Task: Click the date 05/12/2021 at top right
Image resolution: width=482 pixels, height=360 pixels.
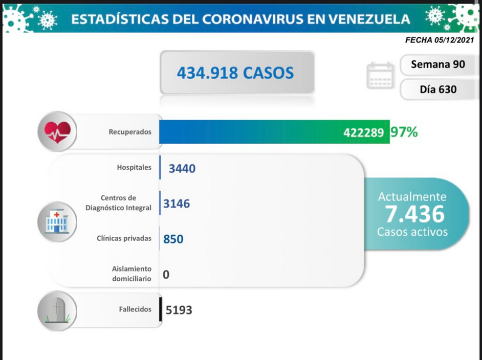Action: (x=455, y=40)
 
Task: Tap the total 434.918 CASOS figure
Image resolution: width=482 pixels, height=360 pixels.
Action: (x=235, y=73)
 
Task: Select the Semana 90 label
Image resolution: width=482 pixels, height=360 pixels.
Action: (x=437, y=64)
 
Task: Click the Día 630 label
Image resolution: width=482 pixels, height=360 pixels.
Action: (x=438, y=89)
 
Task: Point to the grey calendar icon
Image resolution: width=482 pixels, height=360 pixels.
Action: (x=380, y=75)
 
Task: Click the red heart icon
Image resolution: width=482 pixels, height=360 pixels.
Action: (x=57, y=132)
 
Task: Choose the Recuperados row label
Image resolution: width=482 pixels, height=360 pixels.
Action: (x=130, y=132)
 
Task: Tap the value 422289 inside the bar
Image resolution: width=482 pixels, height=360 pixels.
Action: (x=363, y=132)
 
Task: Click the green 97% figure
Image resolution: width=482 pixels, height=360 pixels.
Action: (x=404, y=132)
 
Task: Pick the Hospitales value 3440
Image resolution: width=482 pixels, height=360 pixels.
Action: (x=182, y=168)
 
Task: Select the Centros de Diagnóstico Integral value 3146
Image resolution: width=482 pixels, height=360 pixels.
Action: (x=177, y=204)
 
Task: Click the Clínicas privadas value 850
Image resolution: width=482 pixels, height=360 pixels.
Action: (x=173, y=239)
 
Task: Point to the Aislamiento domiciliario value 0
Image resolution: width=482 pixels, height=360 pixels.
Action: (x=166, y=274)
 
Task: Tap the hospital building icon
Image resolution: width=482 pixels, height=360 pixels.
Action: (x=57, y=222)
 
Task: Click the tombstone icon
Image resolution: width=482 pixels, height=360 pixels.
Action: (x=57, y=311)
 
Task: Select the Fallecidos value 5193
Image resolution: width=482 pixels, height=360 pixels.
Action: (x=179, y=310)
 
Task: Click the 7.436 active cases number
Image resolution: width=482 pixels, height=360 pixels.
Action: (x=414, y=214)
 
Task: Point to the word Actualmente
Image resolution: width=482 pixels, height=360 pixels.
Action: (x=412, y=196)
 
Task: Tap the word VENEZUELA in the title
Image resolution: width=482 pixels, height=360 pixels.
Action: (x=369, y=19)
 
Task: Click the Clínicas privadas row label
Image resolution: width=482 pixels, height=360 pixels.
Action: (x=124, y=238)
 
